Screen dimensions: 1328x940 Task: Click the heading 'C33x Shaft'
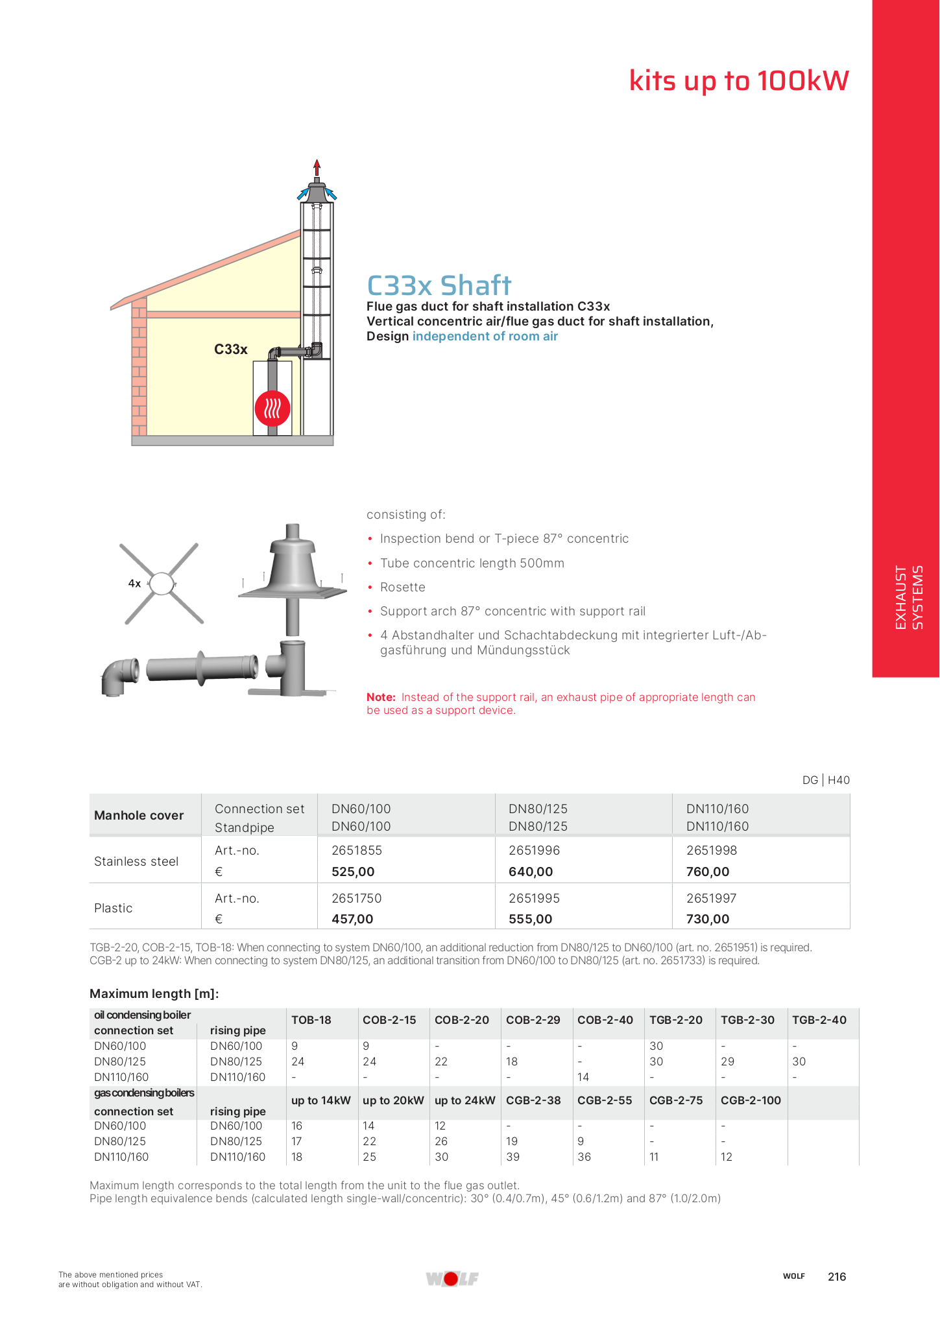tap(439, 285)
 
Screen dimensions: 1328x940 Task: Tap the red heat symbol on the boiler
tap(272, 408)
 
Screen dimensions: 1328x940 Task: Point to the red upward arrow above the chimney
tap(317, 167)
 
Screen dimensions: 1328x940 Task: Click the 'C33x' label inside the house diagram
tap(231, 350)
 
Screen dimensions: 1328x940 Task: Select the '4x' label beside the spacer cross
tap(134, 584)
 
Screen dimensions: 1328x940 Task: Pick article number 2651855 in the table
tap(357, 850)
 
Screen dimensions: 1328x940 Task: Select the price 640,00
tap(531, 872)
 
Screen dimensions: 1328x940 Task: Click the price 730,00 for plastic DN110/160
tap(708, 919)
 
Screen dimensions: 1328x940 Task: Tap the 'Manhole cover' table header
tap(139, 816)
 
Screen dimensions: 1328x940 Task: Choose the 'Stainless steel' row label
tap(136, 861)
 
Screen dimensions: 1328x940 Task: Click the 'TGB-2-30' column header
tap(747, 1020)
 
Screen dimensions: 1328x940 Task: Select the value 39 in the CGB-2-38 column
tap(512, 1157)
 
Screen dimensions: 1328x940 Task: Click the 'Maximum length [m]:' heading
tap(154, 993)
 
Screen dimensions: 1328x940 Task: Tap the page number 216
tap(837, 1277)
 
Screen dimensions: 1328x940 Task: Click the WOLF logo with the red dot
tap(452, 1279)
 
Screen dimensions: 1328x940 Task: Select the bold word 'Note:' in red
tap(381, 697)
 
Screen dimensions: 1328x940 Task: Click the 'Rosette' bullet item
tap(403, 587)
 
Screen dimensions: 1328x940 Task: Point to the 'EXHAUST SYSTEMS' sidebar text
tap(908, 597)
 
